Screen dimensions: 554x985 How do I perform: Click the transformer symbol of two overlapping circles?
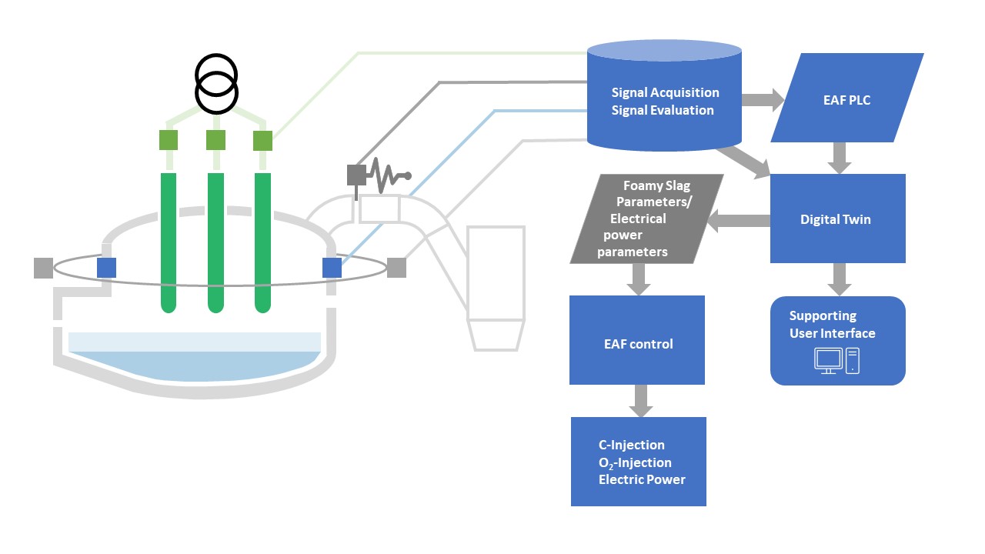click(x=216, y=84)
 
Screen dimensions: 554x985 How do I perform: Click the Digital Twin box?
click(x=837, y=219)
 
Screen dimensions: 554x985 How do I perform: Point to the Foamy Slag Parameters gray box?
click(x=646, y=219)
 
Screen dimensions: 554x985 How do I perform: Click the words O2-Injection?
click(x=636, y=462)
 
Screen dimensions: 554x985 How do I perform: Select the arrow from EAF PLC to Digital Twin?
click(x=840, y=159)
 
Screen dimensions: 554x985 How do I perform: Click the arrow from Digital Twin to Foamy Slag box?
click(x=739, y=222)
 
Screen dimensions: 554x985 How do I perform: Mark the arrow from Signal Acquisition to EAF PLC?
click(x=762, y=99)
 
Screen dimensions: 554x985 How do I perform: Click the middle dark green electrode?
click(x=216, y=242)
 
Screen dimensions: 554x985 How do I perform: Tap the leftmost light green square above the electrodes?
click(x=169, y=140)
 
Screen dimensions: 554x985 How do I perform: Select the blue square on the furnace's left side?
click(x=106, y=267)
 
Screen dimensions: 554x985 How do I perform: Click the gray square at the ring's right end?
click(x=396, y=267)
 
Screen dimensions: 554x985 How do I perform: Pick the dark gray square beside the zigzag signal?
click(x=356, y=175)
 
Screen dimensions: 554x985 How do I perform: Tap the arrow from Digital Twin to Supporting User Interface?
click(x=840, y=279)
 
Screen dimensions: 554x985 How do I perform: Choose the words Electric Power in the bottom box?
click(x=642, y=479)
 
